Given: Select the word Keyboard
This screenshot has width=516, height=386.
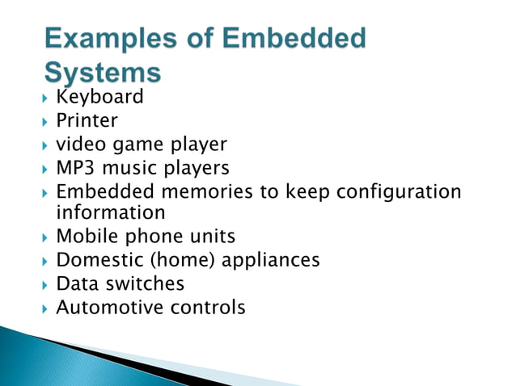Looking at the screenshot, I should coord(99,98).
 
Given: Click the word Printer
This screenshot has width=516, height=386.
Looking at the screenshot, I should coord(87,121).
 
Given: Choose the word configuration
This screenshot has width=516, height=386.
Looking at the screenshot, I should coord(398,192).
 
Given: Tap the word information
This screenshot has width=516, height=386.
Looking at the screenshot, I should coord(111,212).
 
